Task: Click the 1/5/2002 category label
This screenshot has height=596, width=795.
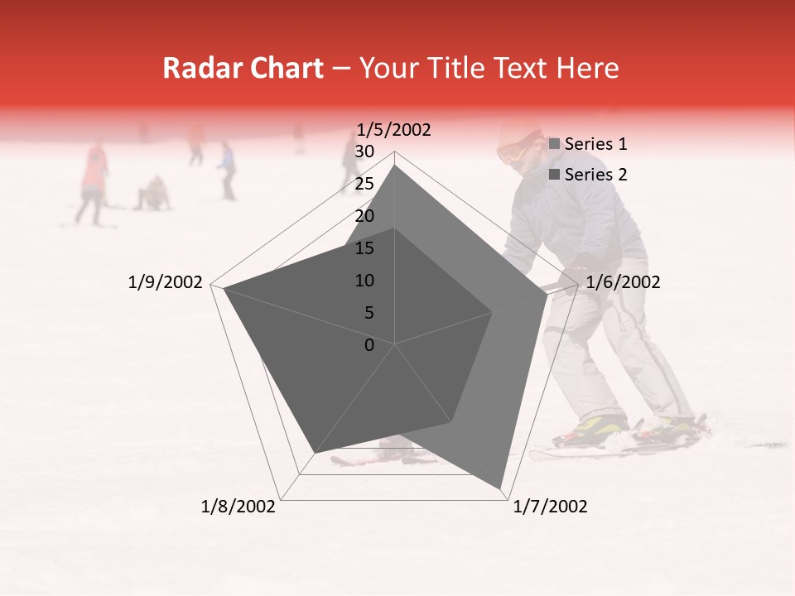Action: click(393, 130)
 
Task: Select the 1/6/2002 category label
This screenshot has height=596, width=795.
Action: click(623, 282)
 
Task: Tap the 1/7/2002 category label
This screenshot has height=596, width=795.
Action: click(550, 507)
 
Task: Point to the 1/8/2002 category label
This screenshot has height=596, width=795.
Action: click(238, 507)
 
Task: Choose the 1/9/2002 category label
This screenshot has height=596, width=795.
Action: click(166, 282)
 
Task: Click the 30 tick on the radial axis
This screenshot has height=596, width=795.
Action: click(364, 151)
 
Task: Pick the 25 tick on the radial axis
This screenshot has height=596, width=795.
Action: click(364, 184)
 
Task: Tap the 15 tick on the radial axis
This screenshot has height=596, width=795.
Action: click(364, 248)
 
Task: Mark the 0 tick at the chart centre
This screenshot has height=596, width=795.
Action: click(369, 345)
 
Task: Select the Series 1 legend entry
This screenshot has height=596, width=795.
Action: click(595, 144)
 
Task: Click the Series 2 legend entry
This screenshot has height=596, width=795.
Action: click(595, 175)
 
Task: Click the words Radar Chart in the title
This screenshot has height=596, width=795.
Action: click(243, 69)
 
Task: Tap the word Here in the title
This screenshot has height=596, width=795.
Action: click(586, 69)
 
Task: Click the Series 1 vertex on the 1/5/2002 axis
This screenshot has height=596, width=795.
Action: click(395, 166)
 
